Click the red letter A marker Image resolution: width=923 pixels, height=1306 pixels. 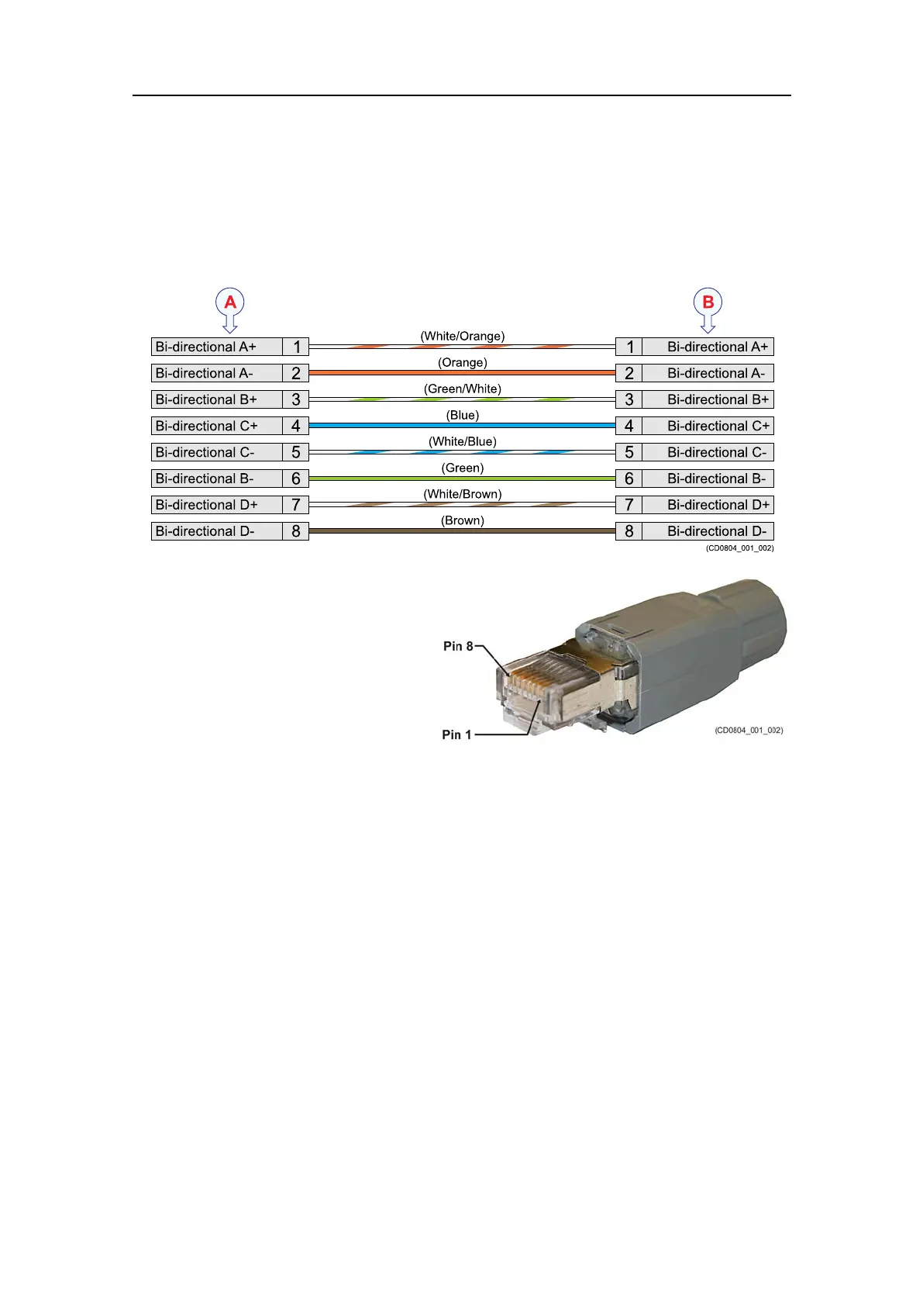pos(230,301)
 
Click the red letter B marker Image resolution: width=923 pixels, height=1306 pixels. pos(708,301)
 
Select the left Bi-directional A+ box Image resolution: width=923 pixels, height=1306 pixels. pos(216,347)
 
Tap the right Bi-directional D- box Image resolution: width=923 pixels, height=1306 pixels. pos(708,531)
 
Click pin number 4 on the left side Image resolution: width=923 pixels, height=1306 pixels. pos(295,426)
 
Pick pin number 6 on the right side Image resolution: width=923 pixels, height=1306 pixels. pos(629,479)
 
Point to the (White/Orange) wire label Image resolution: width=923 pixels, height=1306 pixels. pos(463,336)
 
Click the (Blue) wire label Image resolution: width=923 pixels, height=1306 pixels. pos(463,415)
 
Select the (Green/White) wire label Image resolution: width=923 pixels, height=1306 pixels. pos(463,389)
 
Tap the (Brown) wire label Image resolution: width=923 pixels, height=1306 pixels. pos(463,520)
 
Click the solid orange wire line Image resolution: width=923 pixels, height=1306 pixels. pos(463,373)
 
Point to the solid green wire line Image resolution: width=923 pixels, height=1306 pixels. pos(463,479)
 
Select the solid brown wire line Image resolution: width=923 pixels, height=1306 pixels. pos(463,531)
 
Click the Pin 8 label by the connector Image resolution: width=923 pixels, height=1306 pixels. pos(458,646)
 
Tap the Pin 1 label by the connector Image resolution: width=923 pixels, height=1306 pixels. pos(456,734)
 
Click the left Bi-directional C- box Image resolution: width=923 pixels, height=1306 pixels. pos(216,452)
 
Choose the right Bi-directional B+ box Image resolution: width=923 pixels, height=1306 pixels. pos(708,399)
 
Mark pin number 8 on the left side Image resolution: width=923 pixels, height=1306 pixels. pos(295,531)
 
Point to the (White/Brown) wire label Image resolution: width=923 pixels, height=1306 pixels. pos(463,494)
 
